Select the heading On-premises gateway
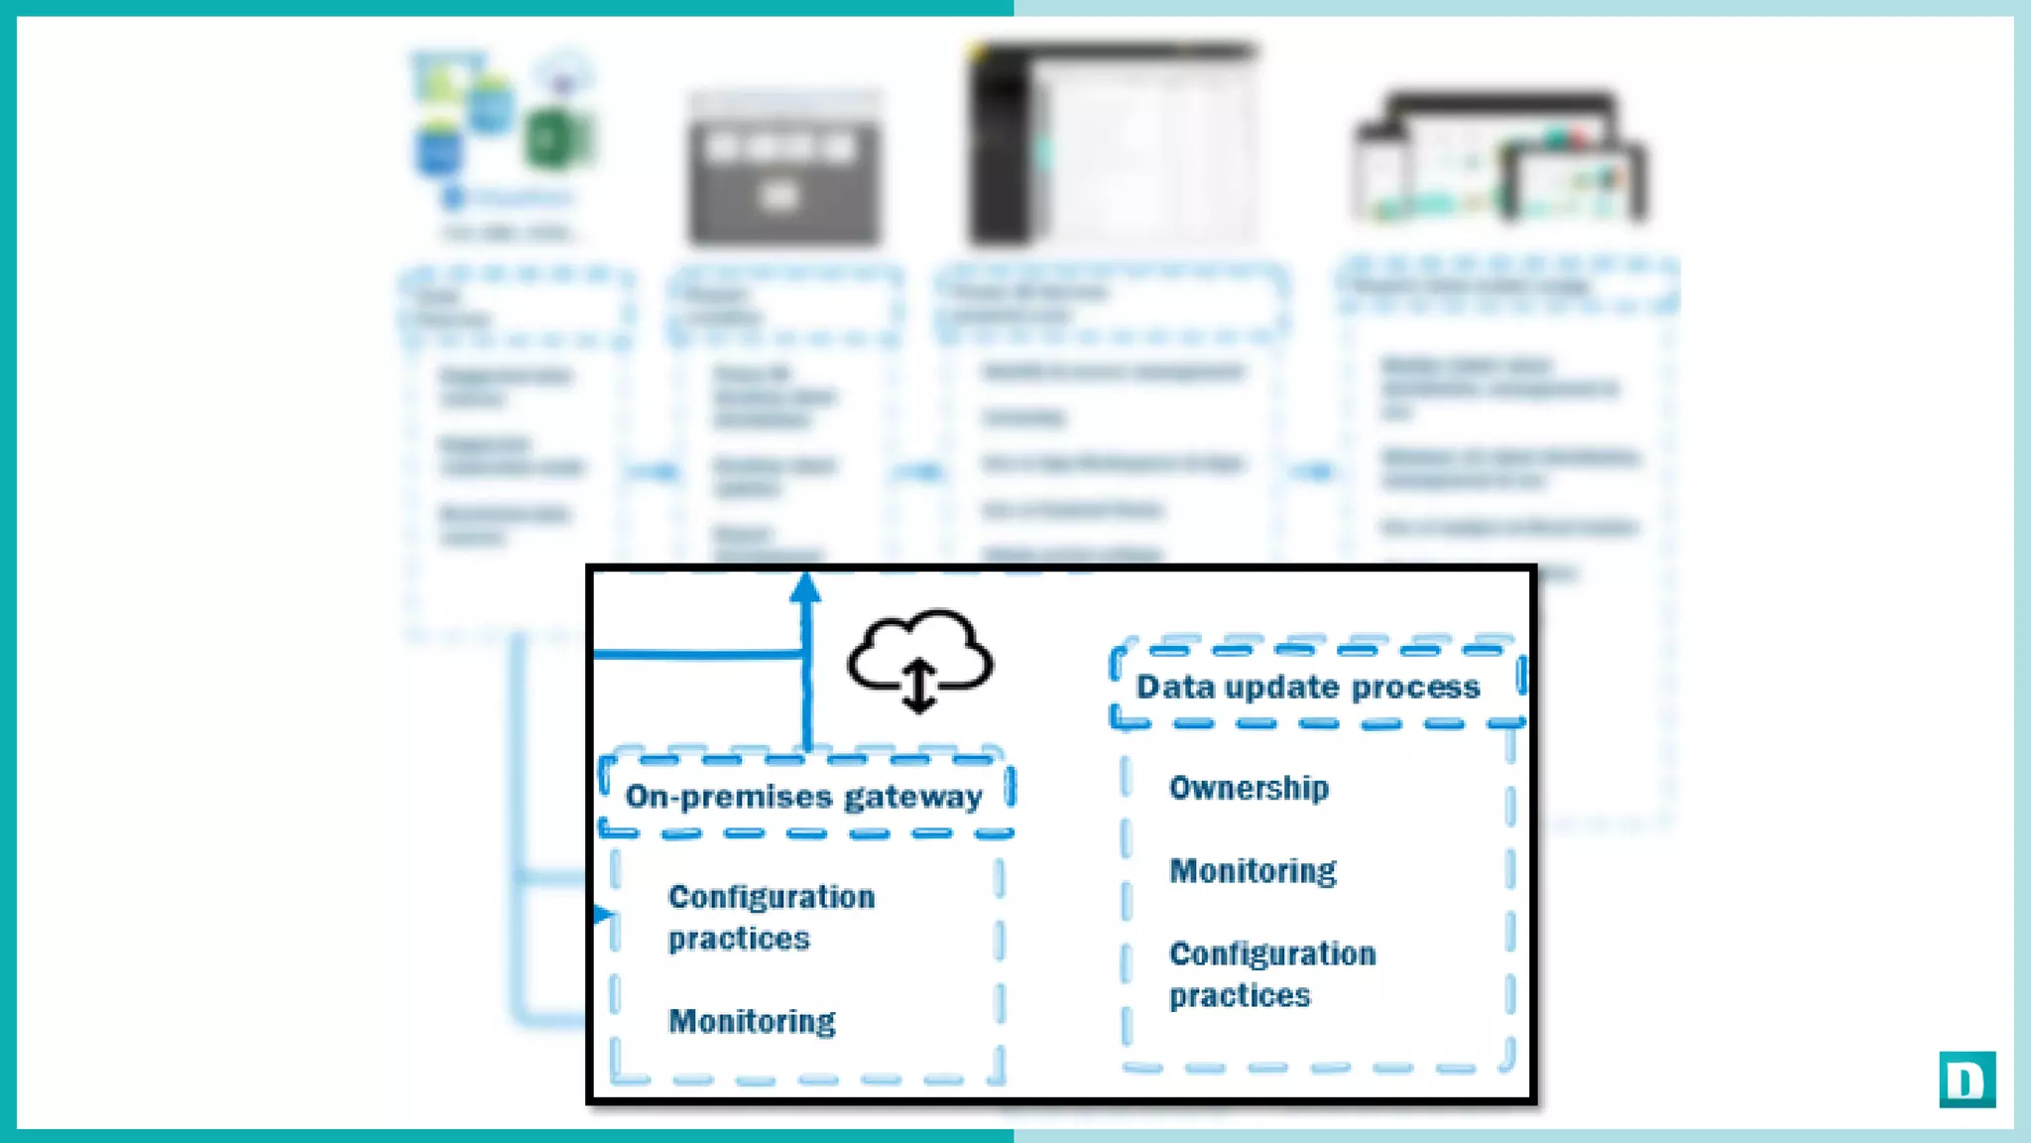click(803, 797)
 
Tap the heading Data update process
click(1307, 687)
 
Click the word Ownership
click(1249, 788)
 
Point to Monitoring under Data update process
click(1253, 871)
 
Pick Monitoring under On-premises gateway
click(752, 1021)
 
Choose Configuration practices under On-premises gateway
click(771, 918)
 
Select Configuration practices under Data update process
click(1271, 974)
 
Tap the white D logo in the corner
click(1967, 1079)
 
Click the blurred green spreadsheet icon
click(556, 139)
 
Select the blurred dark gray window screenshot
click(783, 169)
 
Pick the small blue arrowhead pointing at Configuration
click(602, 914)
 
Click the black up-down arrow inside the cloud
click(919, 686)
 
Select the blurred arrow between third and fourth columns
click(1314, 471)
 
